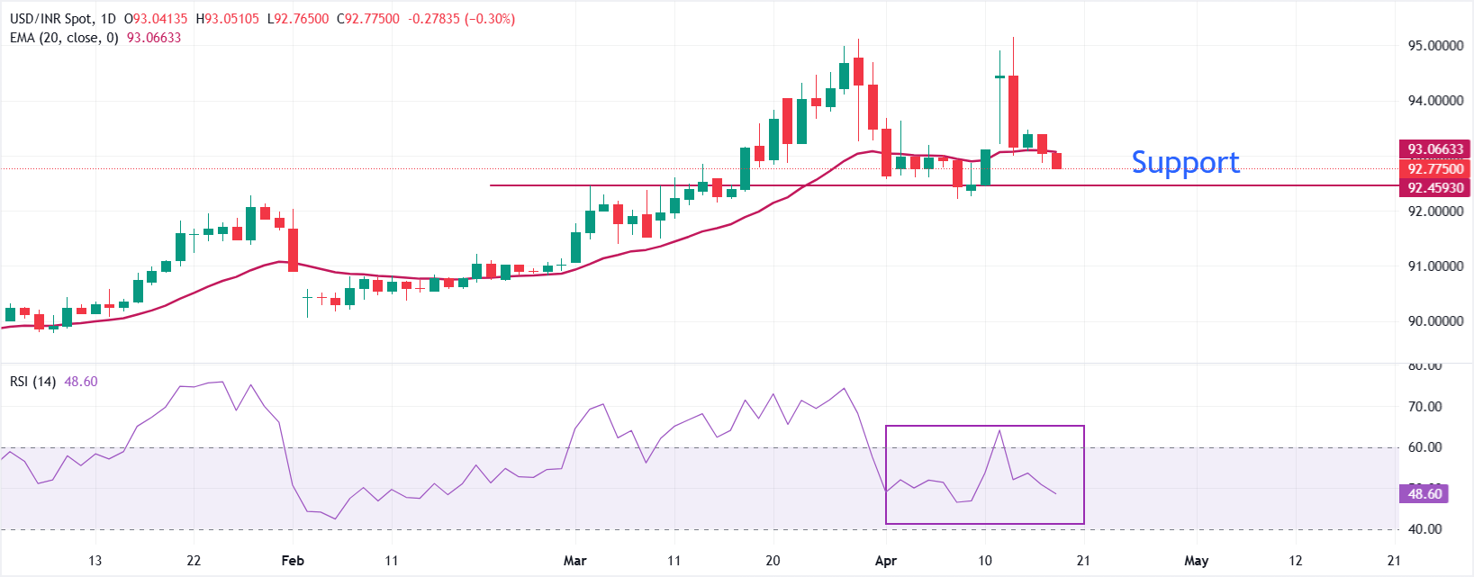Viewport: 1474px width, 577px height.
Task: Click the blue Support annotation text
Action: [1185, 162]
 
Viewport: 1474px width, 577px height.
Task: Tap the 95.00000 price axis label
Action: [1435, 46]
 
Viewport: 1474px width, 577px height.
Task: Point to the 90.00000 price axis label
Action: [1435, 321]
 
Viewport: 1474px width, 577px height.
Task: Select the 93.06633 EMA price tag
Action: [1435, 149]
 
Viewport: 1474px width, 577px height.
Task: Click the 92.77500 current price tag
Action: [1435, 168]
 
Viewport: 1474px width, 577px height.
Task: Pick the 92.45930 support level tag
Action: [1435, 188]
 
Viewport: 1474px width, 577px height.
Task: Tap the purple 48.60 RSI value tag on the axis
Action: [1424, 493]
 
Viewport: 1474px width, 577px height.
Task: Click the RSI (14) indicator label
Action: [32, 382]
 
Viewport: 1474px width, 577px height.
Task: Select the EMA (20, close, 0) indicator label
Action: [64, 38]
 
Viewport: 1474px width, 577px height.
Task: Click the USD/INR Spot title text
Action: [50, 19]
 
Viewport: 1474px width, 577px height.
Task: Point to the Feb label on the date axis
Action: [293, 561]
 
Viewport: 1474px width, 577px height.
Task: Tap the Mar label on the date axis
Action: [574, 561]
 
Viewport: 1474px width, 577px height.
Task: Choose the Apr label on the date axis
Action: [886, 561]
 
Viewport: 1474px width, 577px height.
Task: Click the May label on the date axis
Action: [1196, 561]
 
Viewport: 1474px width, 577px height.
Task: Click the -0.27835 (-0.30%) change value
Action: [462, 19]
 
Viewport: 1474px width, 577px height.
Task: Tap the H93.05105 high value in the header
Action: [229, 19]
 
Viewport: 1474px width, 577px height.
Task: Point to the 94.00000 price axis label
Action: [1435, 101]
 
